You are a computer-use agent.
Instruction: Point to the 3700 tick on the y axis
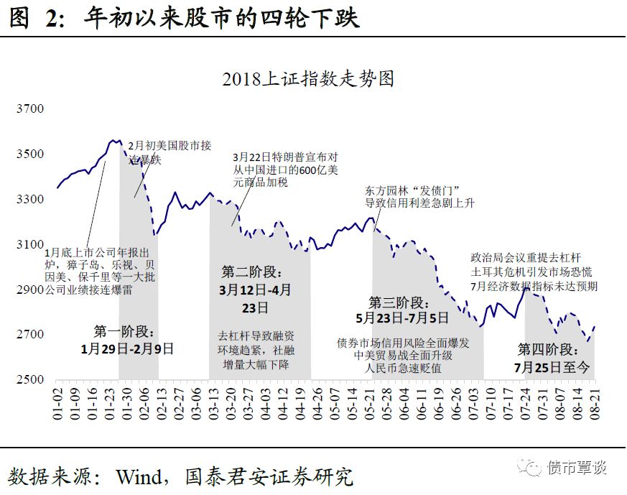(x=30, y=109)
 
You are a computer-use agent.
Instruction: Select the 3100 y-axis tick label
(x=30, y=244)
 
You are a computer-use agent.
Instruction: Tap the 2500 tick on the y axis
(x=30, y=379)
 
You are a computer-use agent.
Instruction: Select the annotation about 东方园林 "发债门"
(x=419, y=197)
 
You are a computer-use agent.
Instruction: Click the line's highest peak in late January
(x=113, y=140)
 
